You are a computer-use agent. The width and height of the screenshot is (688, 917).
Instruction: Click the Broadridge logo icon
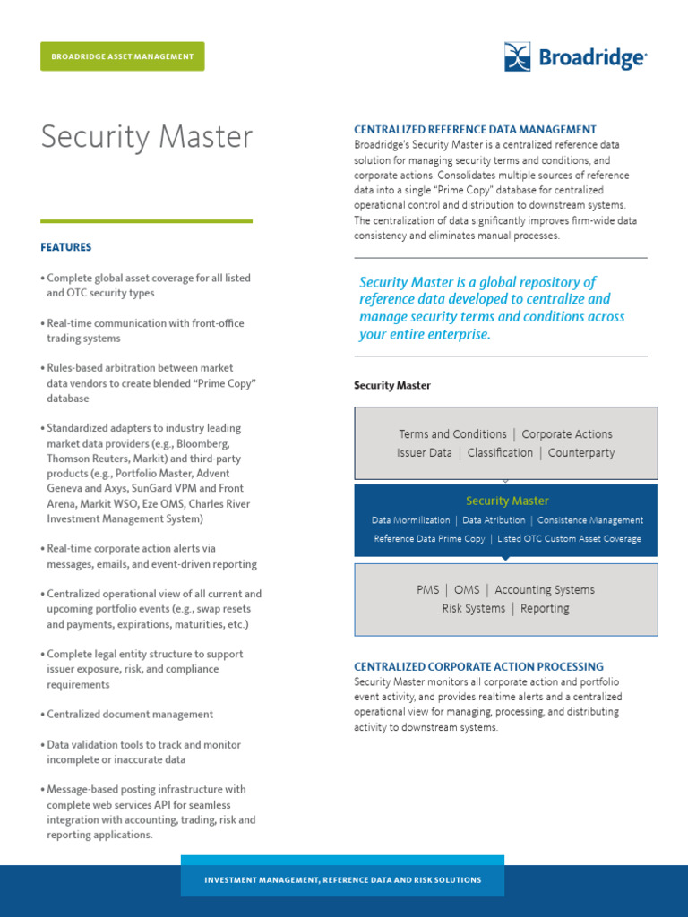[x=519, y=56]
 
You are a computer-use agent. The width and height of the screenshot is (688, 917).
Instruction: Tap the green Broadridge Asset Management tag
[x=122, y=56]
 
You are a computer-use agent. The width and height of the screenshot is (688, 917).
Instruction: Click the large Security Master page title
[x=147, y=137]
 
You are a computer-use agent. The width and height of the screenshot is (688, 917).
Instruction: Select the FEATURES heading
[x=66, y=247]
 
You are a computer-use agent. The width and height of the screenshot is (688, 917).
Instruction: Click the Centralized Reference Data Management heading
[x=475, y=130]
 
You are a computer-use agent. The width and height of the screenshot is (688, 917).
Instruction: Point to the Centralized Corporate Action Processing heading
[x=478, y=667]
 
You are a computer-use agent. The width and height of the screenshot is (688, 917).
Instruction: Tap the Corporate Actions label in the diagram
[x=567, y=434]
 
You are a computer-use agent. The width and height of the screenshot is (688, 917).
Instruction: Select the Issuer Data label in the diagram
[x=425, y=453]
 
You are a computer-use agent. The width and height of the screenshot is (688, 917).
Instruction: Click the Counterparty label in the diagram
[x=581, y=453]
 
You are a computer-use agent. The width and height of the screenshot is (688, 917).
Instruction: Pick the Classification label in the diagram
[x=500, y=453]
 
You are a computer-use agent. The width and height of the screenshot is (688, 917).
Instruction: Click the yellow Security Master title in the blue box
[x=507, y=501]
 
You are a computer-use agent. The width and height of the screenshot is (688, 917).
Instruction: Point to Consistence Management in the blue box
[x=590, y=520]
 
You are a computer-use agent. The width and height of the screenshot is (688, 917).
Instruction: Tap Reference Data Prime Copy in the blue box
[x=429, y=539]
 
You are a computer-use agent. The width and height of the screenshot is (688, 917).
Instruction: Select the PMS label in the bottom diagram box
[x=428, y=590]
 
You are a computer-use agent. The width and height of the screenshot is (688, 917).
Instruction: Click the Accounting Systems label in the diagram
[x=545, y=590]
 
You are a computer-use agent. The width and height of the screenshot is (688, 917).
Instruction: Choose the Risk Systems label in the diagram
[x=473, y=609]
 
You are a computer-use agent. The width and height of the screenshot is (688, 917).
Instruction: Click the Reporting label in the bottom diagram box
[x=545, y=609]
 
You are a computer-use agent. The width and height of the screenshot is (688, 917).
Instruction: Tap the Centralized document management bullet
[x=130, y=715]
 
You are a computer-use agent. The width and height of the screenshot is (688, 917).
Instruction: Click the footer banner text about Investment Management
[x=343, y=880]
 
